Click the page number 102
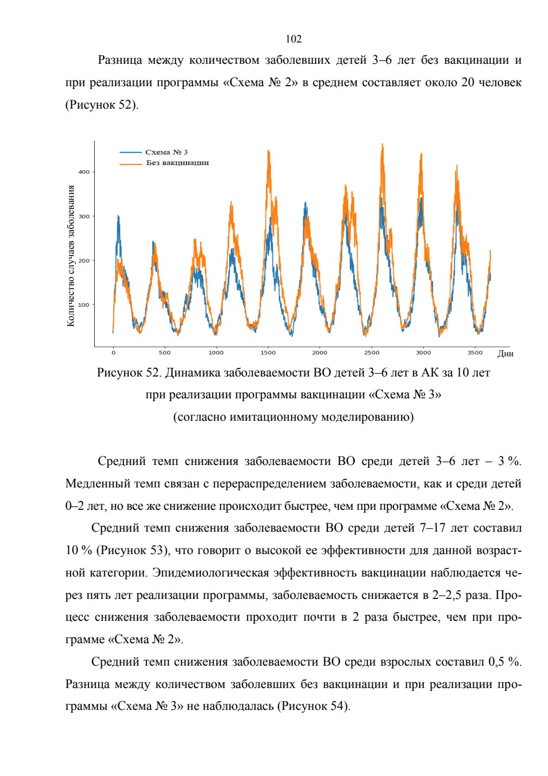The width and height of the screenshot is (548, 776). (x=294, y=39)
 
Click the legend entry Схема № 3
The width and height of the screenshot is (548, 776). (x=166, y=152)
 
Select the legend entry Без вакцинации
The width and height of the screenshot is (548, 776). (x=177, y=163)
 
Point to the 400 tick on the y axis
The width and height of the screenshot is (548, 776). (x=84, y=172)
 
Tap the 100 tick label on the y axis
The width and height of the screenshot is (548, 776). (x=84, y=305)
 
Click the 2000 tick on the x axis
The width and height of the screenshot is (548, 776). (x=319, y=353)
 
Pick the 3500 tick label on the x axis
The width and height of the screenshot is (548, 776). (x=475, y=353)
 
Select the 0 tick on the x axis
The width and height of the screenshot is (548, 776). (x=113, y=353)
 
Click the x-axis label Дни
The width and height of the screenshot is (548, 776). (x=505, y=354)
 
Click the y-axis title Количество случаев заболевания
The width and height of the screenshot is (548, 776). (x=71, y=256)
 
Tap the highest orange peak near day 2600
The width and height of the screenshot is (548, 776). (x=382, y=144)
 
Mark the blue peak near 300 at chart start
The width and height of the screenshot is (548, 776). (x=118, y=216)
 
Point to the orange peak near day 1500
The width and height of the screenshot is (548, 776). (x=268, y=151)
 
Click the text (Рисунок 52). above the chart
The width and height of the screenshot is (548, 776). (x=102, y=105)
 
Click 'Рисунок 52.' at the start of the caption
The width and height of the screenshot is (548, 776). (x=129, y=372)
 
